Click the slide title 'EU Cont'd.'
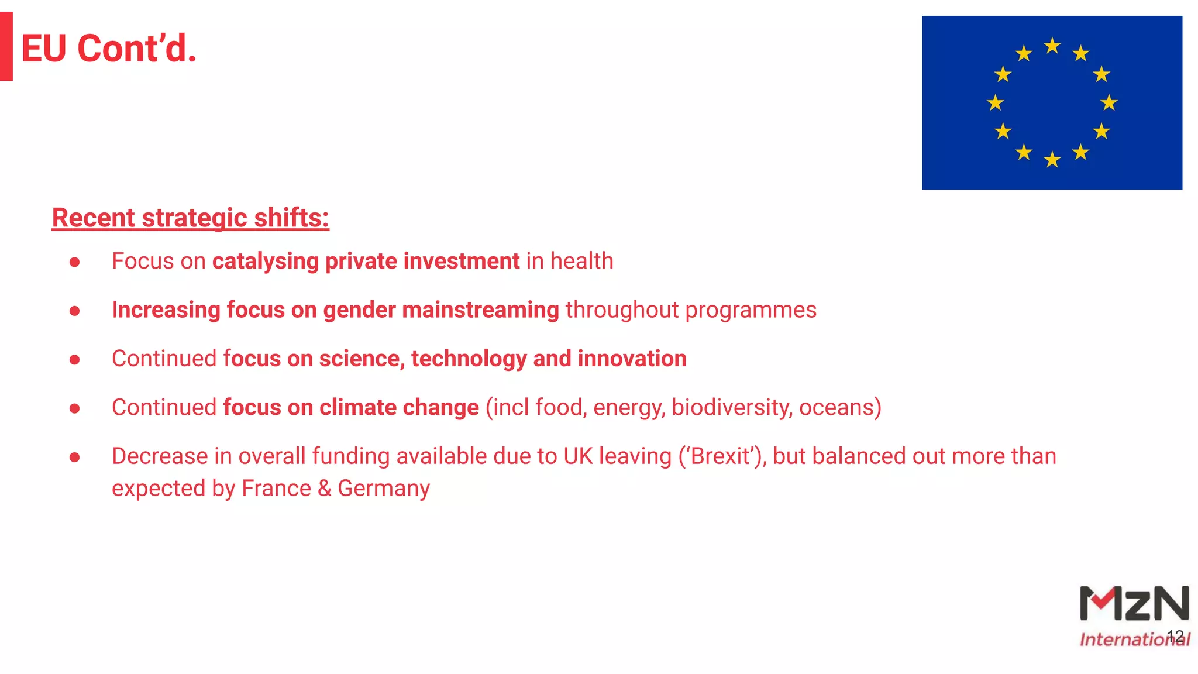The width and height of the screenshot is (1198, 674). click(x=109, y=48)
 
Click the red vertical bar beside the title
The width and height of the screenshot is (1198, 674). click(x=6, y=46)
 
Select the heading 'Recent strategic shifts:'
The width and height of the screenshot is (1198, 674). click(x=190, y=218)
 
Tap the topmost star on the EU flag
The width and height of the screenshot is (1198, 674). click(x=1052, y=46)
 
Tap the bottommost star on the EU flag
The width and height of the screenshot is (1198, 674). click(x=1052, y=159)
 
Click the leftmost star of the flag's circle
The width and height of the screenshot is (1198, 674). click(x=995, y=103)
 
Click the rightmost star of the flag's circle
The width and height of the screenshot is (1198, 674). click(x=1109, y=103)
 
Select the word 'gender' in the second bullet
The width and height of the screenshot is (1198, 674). click(x=359, y=310)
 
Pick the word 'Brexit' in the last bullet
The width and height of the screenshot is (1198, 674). click(x=721, y=456)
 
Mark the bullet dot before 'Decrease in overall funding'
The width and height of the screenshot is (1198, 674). click(x=74, y=457)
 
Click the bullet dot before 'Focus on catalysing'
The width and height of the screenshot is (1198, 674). click(x=74, y=262)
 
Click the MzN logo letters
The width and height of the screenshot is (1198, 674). click(x=1134, y=604)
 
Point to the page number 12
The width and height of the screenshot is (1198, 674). click(x=1175, y=636)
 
